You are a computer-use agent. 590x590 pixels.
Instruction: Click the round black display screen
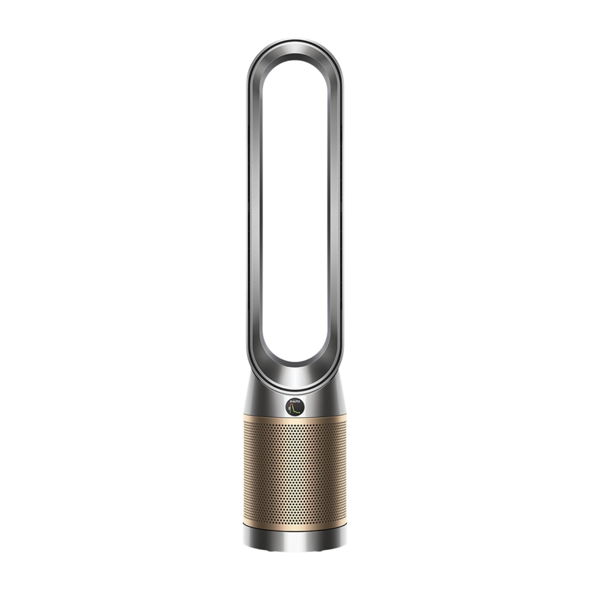click(x=295, y=408)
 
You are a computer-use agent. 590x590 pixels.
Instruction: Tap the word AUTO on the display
click(x=295, y=403)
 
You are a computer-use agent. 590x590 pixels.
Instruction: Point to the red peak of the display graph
click(x=292, y=406)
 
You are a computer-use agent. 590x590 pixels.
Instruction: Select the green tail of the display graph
click(x=298, y=412)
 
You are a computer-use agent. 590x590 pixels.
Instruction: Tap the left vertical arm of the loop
click(x=254, y=203)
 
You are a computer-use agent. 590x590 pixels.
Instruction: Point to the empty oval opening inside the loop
click(x=295, y=203)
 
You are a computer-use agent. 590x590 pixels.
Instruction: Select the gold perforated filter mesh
click(x=295, y=475)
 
